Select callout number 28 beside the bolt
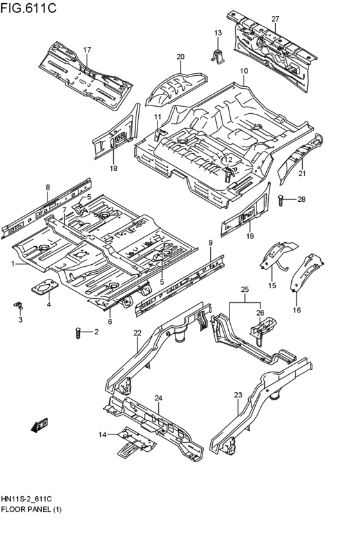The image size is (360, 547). tap(301, 199)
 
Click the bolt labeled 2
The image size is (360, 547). tap(78, 333)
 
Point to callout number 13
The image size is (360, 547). tap(217, 33)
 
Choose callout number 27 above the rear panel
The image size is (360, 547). tap(274, 19)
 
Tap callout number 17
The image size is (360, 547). tap(87, 49)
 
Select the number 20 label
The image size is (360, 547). tap(180, 57)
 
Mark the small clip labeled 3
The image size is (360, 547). tap(19, 304)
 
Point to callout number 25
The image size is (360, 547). tap(244, 289)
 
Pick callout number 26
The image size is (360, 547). tap(260, 313)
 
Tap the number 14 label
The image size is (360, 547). tap(102, 435)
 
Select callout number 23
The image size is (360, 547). tap(238, 395)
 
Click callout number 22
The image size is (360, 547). tap(137, 332)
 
